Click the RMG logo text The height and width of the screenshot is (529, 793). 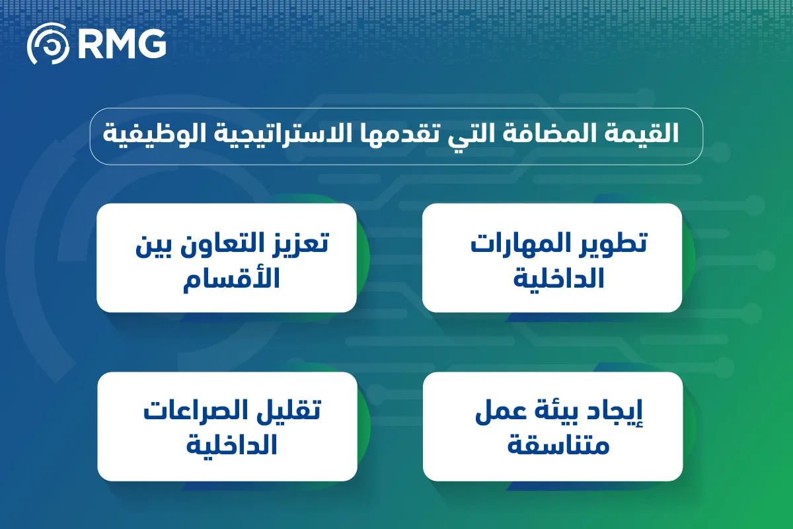coord(122,44)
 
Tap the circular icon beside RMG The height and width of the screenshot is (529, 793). coord(48,44)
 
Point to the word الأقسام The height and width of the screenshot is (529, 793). coord(231,280)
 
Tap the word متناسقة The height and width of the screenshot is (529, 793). coord(558,445)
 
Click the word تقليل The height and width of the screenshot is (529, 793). coord(293,411)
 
